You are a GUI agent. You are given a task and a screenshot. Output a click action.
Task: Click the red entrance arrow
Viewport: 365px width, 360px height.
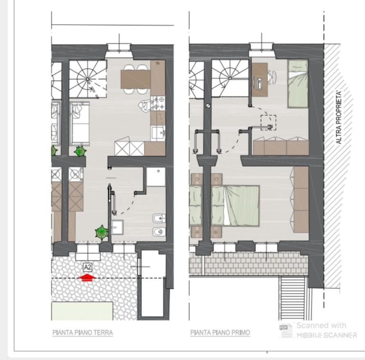click(86, 277)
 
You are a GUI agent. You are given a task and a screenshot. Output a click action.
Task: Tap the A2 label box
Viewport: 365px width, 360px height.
click(88, 267)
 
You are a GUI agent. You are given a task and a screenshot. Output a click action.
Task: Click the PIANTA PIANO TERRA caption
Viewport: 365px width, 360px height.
click(83, 333)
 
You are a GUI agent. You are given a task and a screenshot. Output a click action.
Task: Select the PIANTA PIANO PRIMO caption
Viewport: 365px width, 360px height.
click(220, 333)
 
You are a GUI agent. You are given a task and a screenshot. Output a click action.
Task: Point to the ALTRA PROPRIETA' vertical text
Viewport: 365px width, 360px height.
click(339, 117)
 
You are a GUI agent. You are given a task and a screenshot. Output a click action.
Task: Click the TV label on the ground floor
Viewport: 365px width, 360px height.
click(158, 63)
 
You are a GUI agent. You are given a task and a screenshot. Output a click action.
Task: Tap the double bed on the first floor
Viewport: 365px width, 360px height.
click(235, 206)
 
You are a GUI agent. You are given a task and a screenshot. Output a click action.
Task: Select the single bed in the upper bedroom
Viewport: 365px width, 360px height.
click(298, 84)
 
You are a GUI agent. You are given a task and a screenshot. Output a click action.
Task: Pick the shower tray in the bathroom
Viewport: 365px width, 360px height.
click(156, 177)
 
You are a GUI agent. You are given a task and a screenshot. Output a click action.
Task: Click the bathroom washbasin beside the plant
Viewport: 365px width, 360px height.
click(117, 227)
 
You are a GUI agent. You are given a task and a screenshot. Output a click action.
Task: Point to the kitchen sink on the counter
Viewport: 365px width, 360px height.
click(158, 134)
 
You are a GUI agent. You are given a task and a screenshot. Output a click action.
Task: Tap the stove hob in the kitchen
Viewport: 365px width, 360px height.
click(158, 103)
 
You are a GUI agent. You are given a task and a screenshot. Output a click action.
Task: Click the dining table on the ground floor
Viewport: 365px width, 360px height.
click(136, 79)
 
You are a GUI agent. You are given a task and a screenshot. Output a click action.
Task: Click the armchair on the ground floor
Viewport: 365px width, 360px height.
click(79, 123)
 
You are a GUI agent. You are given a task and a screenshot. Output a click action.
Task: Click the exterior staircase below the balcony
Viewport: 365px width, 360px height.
click(293, 298)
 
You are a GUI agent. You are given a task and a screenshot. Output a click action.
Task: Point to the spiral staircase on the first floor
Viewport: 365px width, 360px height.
click(230, 78)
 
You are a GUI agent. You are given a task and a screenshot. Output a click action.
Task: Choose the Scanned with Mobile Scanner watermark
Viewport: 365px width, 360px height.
click(318, 330)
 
